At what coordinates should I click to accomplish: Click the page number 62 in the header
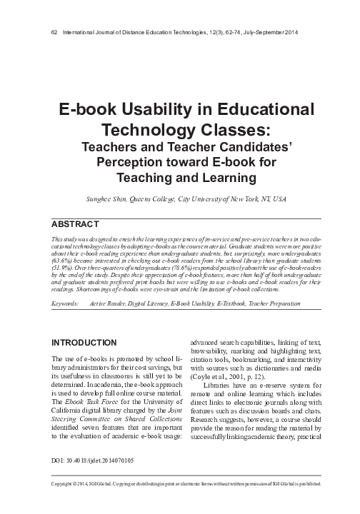(47, 32)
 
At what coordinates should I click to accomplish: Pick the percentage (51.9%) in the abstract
(64, 270)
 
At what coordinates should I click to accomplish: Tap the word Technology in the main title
(145, 131)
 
